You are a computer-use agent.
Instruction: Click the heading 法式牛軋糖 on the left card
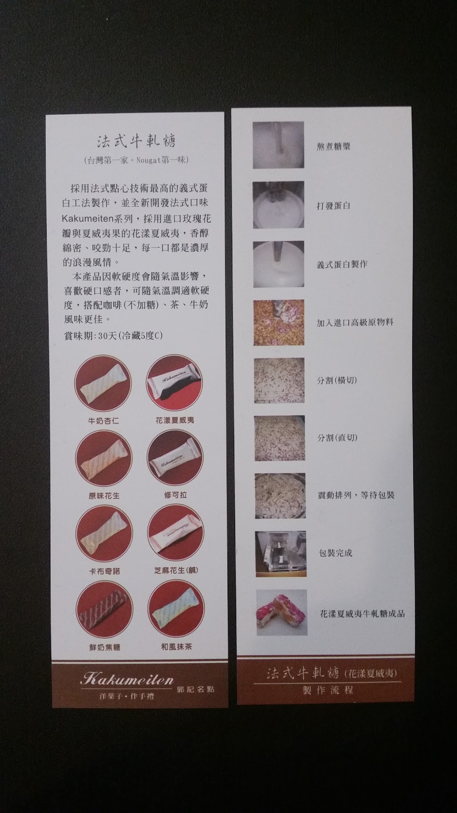[x=136, y=141]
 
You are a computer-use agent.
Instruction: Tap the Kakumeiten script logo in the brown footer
[x=127, y=679]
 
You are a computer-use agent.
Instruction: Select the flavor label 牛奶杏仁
[x=104, y=421]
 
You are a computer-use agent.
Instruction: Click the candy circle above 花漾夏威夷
[x=174, y=383]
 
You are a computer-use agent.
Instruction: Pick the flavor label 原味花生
[x=104, y=496]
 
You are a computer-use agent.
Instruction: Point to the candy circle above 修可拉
[x=175, y=458]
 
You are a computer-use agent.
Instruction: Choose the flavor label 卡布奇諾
[x=104, y=571]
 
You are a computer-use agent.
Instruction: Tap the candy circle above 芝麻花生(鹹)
[x=176, y=533]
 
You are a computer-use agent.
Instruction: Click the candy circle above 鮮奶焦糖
[x=104, y=609]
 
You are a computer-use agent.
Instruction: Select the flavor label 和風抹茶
[x=177, y=647]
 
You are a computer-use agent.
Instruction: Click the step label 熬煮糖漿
[x=333, y=146]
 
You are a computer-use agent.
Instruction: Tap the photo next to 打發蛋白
[x=278, y=205]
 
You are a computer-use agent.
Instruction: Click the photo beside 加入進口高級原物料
[x=278, y=322]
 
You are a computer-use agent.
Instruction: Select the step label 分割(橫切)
[x=337, y=380]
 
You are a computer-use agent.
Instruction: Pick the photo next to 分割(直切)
[x=279, y=439]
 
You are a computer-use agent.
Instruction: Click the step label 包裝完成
[x=336, y=553]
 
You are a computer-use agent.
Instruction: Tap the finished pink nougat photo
[x=281, y=612]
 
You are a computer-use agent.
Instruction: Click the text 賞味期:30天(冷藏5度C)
[x=113, y=336]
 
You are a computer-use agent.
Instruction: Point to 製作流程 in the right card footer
[x=328, y=690]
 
